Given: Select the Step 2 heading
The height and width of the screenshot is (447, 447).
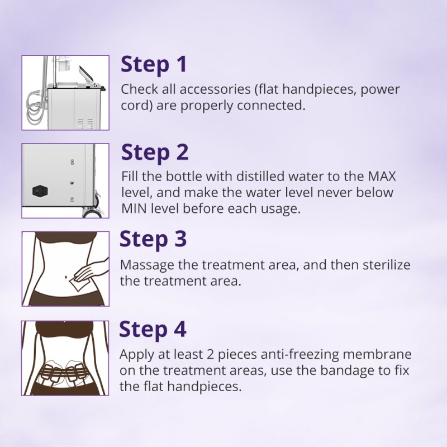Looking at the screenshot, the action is tap(155, 153).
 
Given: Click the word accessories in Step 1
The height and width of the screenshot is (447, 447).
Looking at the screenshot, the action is tap(215, 89).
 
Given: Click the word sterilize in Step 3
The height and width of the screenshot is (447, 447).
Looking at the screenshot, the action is tap(386, 265).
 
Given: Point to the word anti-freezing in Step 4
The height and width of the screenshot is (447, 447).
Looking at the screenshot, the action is tap(299, 354).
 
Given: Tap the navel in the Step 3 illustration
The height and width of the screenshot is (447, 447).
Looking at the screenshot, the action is tap(66, 277).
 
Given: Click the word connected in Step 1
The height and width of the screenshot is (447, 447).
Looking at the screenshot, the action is tap(271, 106).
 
